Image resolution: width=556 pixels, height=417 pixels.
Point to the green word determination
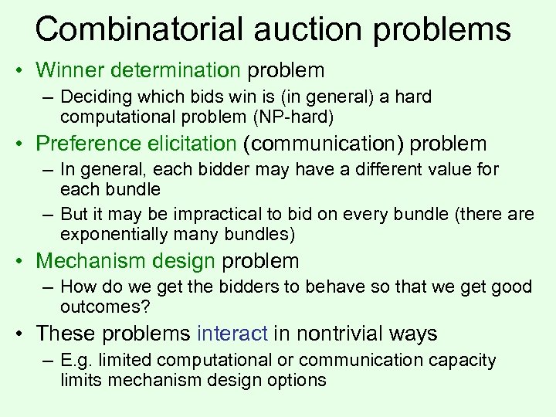pyautogui.click(x=175, y=70)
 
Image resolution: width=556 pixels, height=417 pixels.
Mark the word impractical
pyautogui.click(x=219, y=214)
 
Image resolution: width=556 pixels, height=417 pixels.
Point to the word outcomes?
pyautogui.click(x=101, y=307)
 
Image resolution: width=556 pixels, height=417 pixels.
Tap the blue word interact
pyautogui.click(x=232, y=334)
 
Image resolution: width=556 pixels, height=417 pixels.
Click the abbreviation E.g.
pyautogui.click(x=76, y=361)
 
